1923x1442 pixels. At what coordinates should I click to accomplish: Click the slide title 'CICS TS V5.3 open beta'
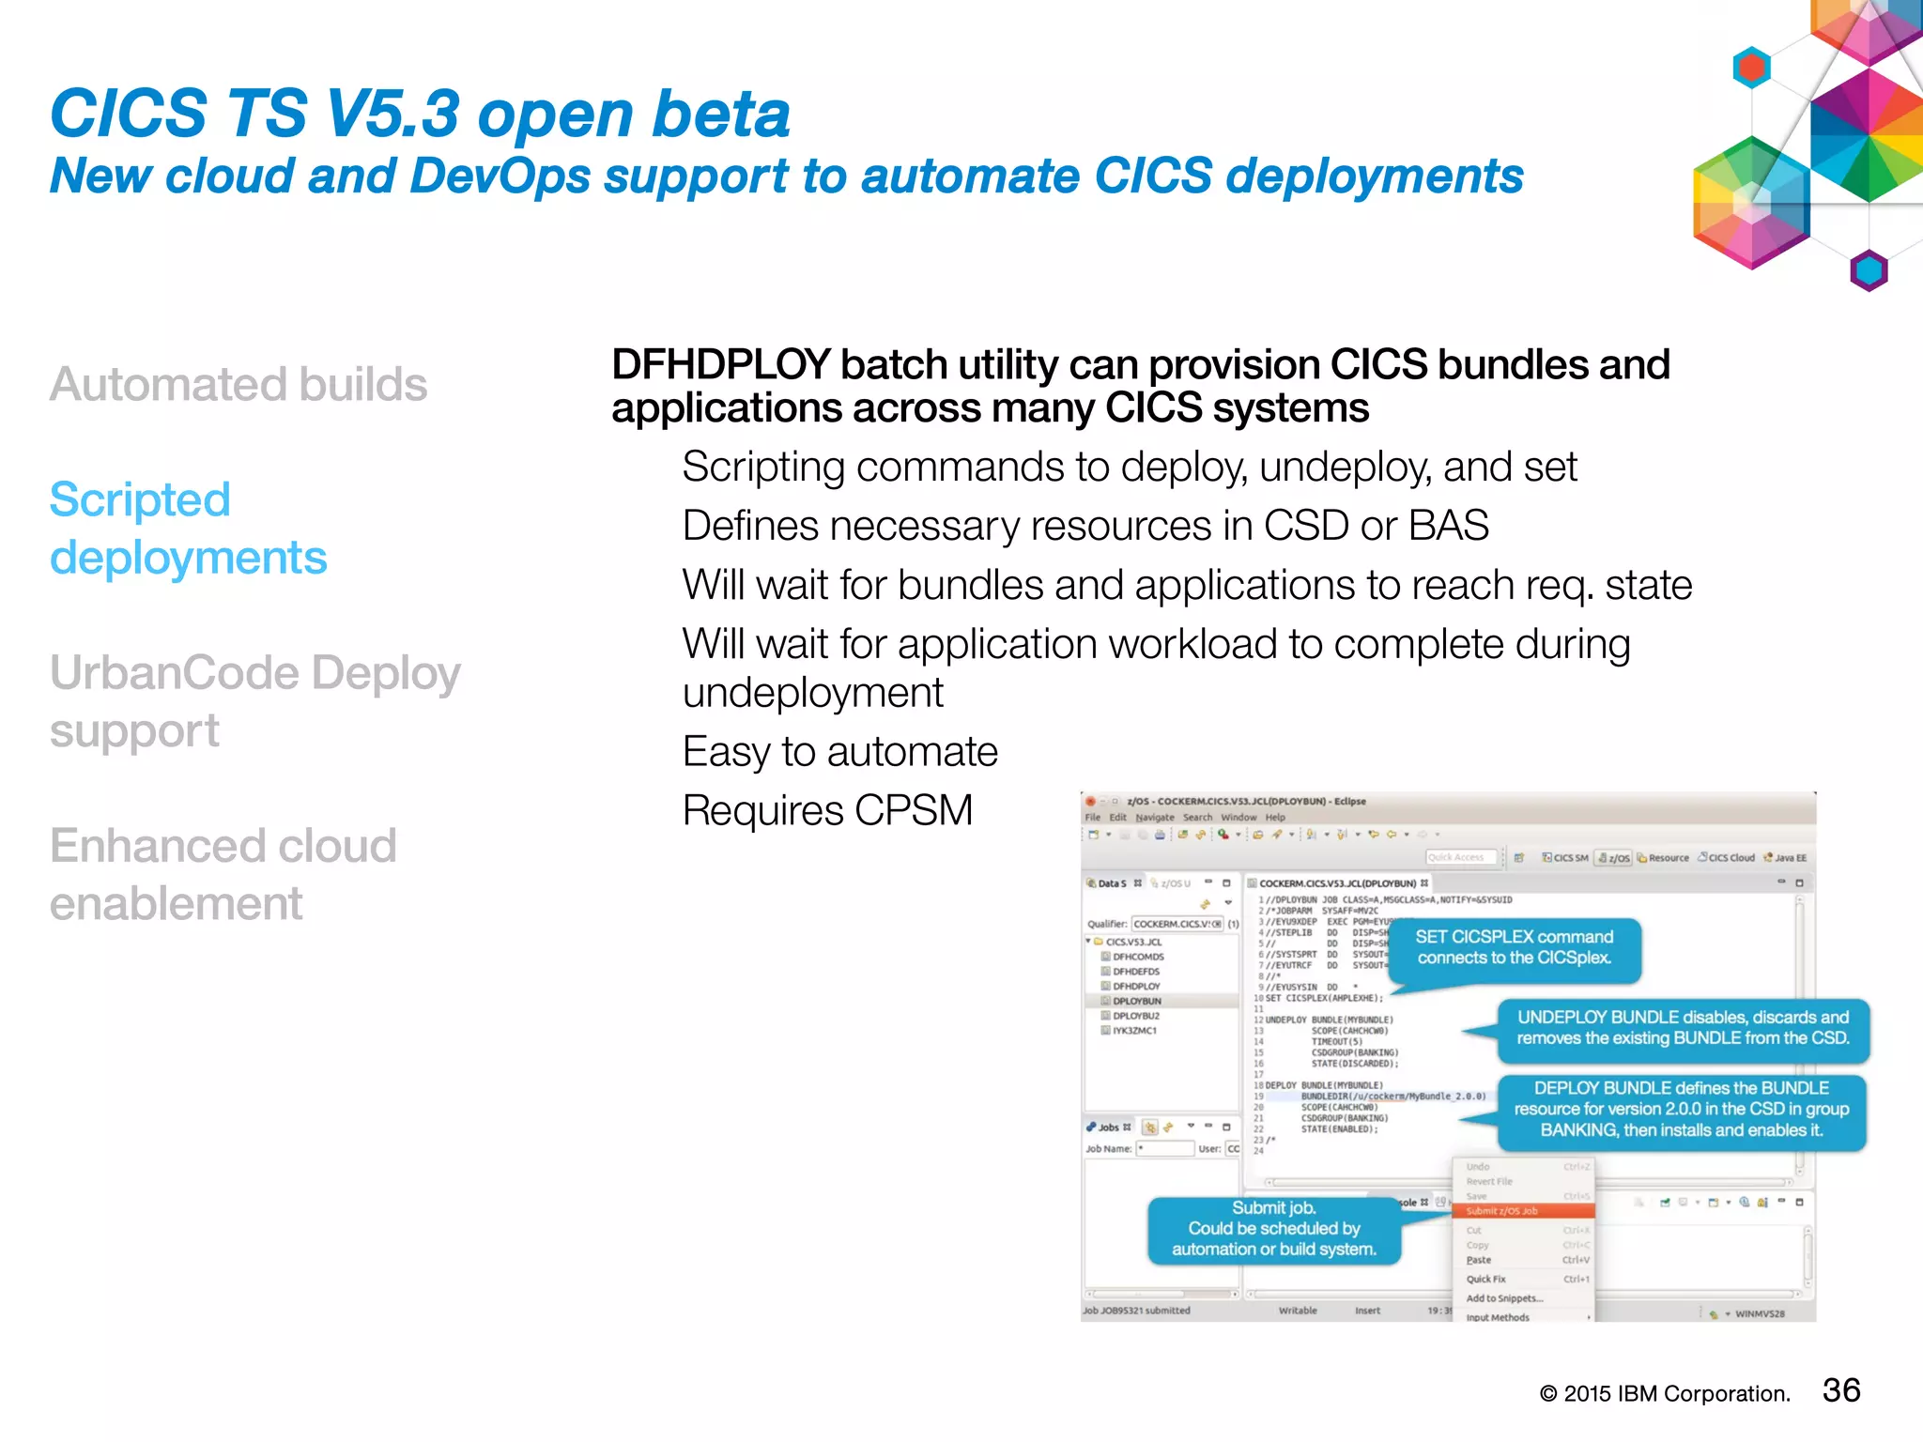(419, 114)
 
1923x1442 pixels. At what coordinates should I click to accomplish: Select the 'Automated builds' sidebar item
(238, 384)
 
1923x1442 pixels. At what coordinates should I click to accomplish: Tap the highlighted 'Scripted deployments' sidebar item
(188, 529)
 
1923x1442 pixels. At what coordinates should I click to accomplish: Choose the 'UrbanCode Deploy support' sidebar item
(254, 701)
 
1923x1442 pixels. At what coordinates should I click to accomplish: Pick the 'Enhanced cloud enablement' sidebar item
(223, 874)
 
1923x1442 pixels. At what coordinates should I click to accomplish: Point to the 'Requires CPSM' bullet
(827, 810)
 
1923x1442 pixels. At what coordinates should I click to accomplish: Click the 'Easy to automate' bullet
(839, 751)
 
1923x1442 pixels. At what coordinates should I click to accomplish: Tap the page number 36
(1840, 1390)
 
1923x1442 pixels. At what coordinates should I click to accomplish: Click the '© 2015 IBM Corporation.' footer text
(1664, 1394)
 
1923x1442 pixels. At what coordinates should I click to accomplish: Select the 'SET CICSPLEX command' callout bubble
(1514, 947)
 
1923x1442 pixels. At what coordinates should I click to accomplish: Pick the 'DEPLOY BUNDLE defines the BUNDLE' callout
(1681, 1109)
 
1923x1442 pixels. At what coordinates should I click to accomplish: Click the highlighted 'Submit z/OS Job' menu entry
(1502, 1211)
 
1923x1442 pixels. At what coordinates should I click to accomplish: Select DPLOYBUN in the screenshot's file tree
(1136, 1001)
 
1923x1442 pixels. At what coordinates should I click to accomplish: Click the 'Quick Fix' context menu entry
(1485, 1279)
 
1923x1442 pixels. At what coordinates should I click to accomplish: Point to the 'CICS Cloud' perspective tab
(1727, 857)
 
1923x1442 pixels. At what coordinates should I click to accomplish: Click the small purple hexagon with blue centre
(1869, 270)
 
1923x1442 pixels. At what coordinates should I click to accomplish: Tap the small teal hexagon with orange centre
(1751, 68)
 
